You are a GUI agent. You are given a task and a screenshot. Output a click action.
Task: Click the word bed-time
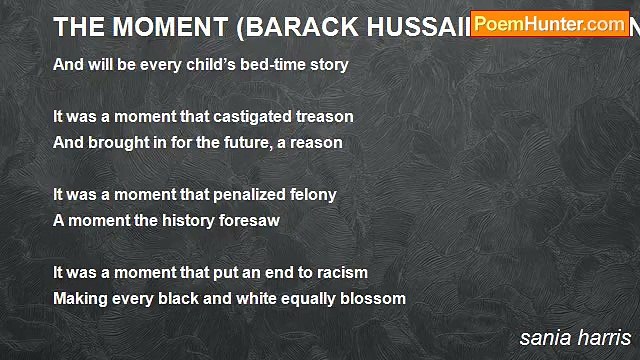click(256, 65)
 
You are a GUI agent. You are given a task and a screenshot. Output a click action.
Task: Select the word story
click(325, 65)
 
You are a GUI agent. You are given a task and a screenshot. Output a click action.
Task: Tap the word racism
click(339, 273)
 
